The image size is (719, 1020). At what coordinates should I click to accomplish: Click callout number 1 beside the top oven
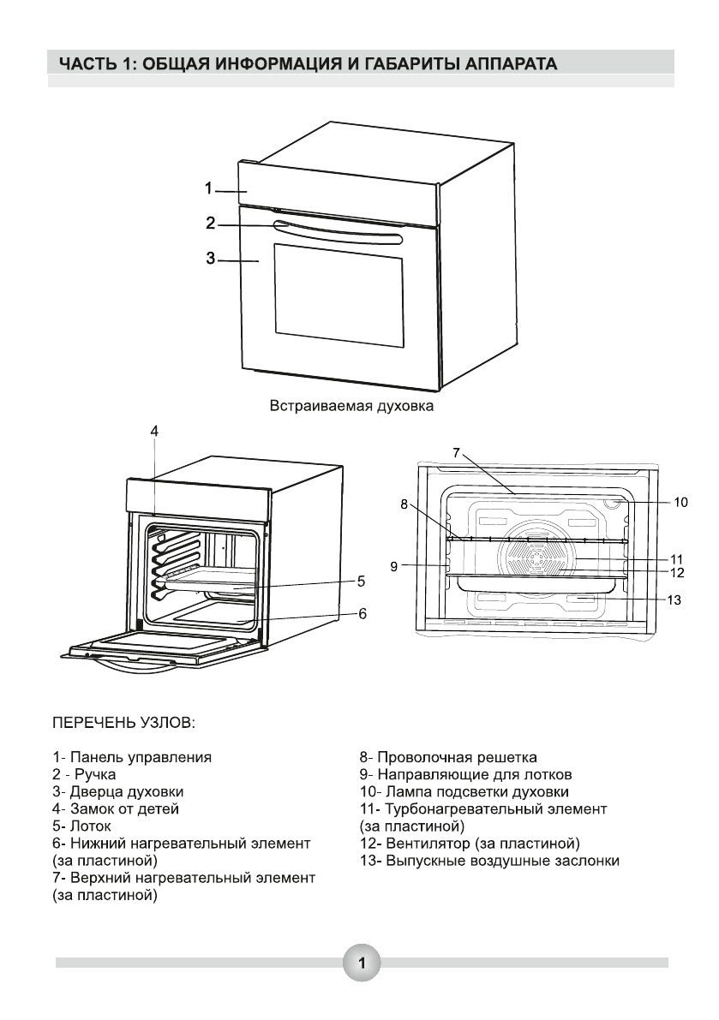(208, 188)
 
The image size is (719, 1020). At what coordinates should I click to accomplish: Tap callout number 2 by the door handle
(210, 224)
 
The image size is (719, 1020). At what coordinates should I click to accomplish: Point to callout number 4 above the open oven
(154, 432)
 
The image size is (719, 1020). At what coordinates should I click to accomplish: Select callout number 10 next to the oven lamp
(680, 502)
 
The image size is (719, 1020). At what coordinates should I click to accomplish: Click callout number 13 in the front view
(674, 599)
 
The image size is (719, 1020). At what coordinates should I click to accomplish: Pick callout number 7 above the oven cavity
(456, 452)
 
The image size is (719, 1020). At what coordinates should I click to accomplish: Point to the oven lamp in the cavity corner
(612, 502)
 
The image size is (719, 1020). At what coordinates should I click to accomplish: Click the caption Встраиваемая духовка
(351, 406)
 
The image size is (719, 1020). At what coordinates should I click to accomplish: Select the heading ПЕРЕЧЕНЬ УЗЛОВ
(123, 724)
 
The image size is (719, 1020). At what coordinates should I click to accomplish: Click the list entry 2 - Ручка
(84, 775)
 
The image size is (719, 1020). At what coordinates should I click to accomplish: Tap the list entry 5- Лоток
(81, 826)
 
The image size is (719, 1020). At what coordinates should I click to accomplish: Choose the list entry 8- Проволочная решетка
(448, 757)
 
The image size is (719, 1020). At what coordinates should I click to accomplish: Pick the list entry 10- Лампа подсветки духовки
(464, 792)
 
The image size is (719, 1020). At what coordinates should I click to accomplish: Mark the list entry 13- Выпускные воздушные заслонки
(489, 862)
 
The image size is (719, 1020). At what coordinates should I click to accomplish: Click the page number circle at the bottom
(362, 963)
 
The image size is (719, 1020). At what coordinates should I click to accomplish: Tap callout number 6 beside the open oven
(362, 613)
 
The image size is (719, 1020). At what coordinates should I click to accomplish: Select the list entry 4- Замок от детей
(115, 809)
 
